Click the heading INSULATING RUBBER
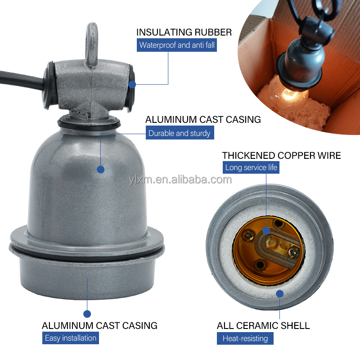pyautogui.click(x=184, y=32)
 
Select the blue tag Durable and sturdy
pyautogui.click(x=179, y=133)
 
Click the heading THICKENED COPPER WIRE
pyautogui.click(x=281, y=156)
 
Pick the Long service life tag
pyautogui.click(x=252, y=168)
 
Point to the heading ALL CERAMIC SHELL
pyautogui.click(x=263, y=325)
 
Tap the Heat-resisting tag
pyautogui.click(x=245, y=338)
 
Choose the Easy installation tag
pyautogui.click(x=71, y=338)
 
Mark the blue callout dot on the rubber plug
pyautogui.click(x=132, y=84)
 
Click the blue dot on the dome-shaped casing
pyautogui.click(x=100, y=169)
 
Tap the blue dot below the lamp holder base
pyautogui.click(x=87, y=314)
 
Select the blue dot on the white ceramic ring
pyautogui.click(x=279, y=294)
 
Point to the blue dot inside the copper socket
pyautogui.click(x=266, y=230)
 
